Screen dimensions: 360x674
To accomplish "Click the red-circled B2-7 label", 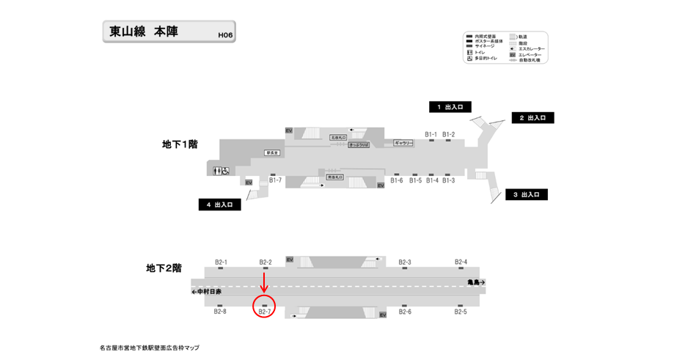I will pos(265,312).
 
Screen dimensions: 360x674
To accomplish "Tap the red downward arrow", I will pos(265,281).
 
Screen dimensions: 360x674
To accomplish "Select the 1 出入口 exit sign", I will pos(450,107).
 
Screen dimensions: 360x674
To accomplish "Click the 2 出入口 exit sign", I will pos(532,118).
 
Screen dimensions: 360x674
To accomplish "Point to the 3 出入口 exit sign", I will pos(526,194).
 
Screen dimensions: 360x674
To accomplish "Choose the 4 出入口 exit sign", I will pos(219,205).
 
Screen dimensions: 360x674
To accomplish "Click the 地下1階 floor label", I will pos(180,144).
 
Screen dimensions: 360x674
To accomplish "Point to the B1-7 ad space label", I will pos(276,180).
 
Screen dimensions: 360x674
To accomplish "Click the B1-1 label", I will pos(431,134).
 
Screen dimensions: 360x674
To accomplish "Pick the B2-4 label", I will pos(461,262).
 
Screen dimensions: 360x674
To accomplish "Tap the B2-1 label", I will pos(221,262).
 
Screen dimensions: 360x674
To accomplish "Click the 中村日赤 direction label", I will pos(207,291).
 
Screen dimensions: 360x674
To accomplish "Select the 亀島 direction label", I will pos(476,282).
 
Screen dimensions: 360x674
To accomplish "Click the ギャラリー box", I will pos(403,143).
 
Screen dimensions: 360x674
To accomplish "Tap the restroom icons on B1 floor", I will pos(221,171).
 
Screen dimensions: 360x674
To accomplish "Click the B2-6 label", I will pos(405,312).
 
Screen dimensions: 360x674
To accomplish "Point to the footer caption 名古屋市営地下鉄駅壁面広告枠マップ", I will pos(150,348).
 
